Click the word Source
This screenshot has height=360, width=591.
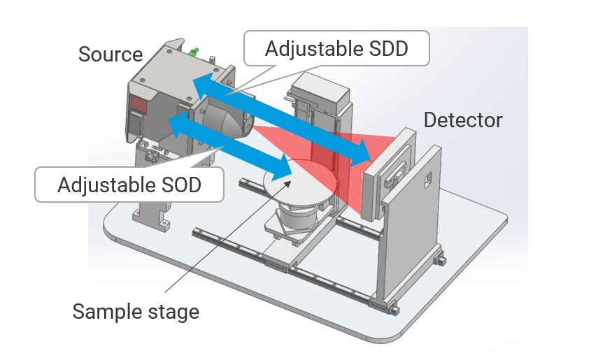tap(111, 54)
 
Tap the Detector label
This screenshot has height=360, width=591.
tap(463, 120)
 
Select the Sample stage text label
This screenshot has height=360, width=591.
tap(136, 311)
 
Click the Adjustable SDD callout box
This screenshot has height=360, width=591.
tap(336, 49)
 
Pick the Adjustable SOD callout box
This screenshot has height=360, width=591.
tap(129, 185)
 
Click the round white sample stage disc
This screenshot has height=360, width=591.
tap(300, 183)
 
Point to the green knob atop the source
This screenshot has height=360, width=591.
tap(194, 51)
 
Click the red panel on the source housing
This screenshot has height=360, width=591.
tap(137, 106)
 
